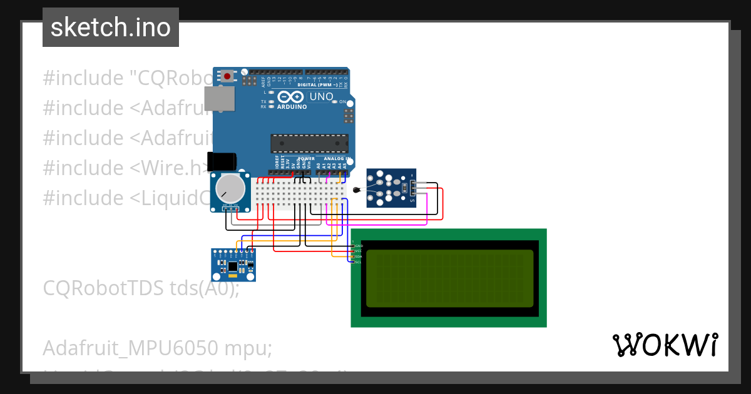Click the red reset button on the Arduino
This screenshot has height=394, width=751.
[x=227, y=76]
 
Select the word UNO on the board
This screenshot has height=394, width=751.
[x=321, y=96]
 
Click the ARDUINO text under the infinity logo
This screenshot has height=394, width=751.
[x=292, y=107]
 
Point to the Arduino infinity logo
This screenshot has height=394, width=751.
[x=292, y=97]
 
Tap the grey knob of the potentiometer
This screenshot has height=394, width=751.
[x=230, y=188]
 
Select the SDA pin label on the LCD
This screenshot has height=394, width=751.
[x=359, y=256]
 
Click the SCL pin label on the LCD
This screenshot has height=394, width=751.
[x=359, y=262]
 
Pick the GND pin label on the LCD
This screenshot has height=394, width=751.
[x=359, y=246]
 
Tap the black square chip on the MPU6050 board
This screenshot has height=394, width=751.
[x=233, y=266]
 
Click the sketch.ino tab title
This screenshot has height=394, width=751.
[x=111, y=28]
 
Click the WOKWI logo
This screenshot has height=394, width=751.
[x=665, y=345]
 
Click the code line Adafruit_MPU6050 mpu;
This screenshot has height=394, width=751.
[x=157, y=348]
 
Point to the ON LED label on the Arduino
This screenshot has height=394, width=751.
[x=342, y=101]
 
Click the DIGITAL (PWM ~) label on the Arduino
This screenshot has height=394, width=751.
[x=322, y=84]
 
